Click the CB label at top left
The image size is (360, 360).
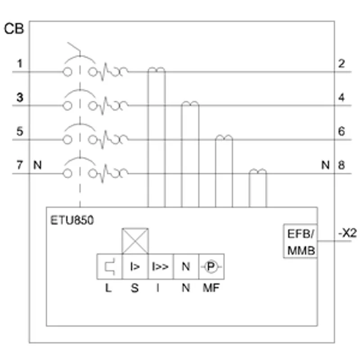(x=14, y=29)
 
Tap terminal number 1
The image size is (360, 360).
(x=20, y=63)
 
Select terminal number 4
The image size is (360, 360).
(x=342, y=98)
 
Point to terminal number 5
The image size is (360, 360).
(x=20, y=131)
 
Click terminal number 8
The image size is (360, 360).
(x=342, y=165)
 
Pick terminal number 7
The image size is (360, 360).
(x=20, y=165)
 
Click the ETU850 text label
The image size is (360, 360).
(x=72, y=220)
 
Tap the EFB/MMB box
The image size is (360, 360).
(x=301, y=241)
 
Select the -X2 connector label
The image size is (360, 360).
(x=347, y=234)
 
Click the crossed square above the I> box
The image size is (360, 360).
(x=135, y=241)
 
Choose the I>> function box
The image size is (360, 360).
(x=161, y=266)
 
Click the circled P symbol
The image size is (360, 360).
(x=211, y=266)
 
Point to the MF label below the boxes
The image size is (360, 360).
(x=211, y=288)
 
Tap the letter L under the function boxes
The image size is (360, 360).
(x=108, y=288)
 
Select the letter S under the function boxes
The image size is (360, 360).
(x=135, y=288)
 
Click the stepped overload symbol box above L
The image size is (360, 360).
(x=109, y=266)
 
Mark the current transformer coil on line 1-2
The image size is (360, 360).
(x=157, y=69)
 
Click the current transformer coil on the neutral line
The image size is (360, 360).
(x=257, y=171)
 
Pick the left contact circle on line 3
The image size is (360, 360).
(x=67, y=106)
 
